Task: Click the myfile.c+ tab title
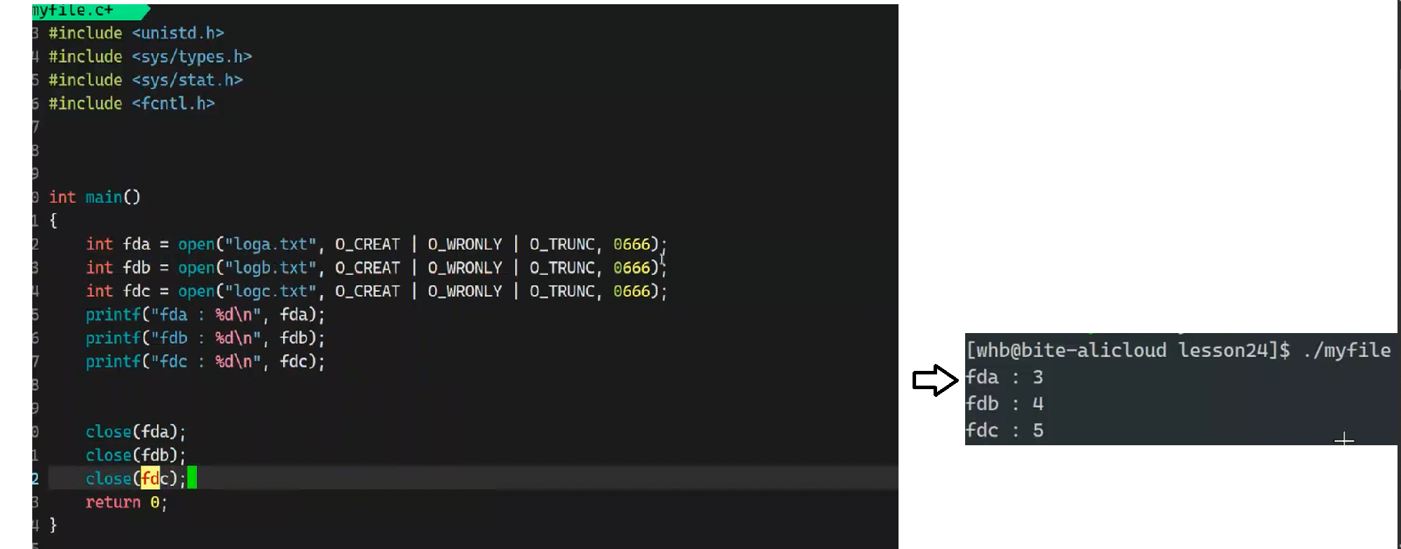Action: click(x=73, y=11)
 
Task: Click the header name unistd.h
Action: click(x=178, y=33)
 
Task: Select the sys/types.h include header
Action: click(x=191, y=57)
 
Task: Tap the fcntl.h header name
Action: click(x=173, y=104)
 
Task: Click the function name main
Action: click(x=104, y=197)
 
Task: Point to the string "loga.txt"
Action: click(x=270, y=244)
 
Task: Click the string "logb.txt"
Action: click(x=270, y=268)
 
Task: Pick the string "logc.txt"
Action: click(x=270, y=291)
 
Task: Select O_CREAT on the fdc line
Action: click(x=367, y=291)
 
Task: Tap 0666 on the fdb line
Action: click(x=631, y=268)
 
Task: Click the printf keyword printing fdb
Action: click(x=113, y=338)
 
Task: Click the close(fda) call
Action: click(x=135, y=432)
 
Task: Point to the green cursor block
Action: click(x=192, y=478)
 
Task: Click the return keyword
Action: click(x=113, y=502)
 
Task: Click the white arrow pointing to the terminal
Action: click(x=935, y=381)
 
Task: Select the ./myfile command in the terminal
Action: click(x=1346, y=350)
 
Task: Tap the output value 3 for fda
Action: click(x=1038, y=377)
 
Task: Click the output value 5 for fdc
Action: click(x=1038, y=431)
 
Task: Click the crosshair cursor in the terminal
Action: click(x=1344, y=440)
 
